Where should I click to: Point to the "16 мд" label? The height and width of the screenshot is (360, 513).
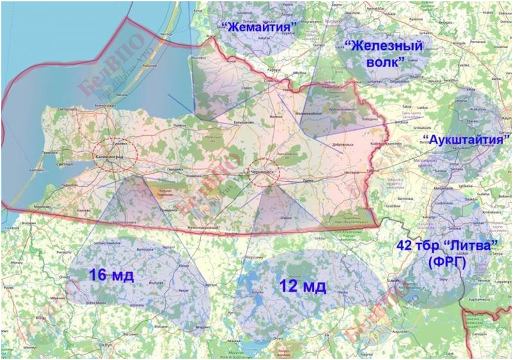click(x=111, y=275)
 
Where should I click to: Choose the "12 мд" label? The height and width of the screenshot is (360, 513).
click(x=303, y=286)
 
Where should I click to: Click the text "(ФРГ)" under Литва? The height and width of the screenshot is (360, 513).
click(x=447, y=263)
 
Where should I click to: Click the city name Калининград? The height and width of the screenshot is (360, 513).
click(x=109, y=157)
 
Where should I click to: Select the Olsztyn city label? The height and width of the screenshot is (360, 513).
click(x=105, y=344)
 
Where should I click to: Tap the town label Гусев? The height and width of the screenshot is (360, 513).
click(x=308, y=181)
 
